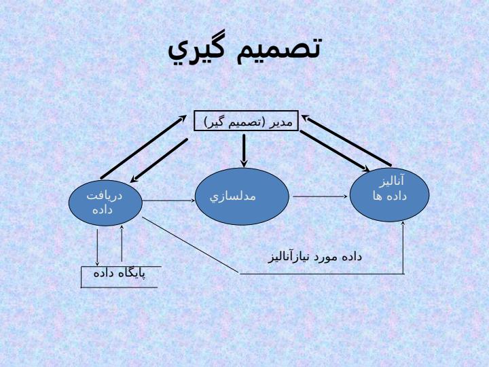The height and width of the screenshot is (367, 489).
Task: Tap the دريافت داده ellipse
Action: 105,203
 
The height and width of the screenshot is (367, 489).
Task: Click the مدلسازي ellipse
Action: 242,196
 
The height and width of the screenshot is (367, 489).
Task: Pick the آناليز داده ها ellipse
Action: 390,195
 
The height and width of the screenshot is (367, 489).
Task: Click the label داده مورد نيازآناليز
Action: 315,257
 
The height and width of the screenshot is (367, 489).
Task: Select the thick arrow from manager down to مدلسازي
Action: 244,150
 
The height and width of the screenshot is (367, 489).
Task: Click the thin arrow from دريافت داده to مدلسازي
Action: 168,200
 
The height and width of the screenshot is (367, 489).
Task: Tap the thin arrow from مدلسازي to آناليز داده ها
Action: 321,196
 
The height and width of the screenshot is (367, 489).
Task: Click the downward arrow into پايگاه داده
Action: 97,247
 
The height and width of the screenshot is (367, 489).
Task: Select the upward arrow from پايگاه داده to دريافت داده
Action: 122,243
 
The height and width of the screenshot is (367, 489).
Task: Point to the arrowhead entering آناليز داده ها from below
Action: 403,224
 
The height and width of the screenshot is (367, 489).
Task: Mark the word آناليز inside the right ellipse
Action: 391,181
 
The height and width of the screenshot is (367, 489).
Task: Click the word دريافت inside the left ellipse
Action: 105,196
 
